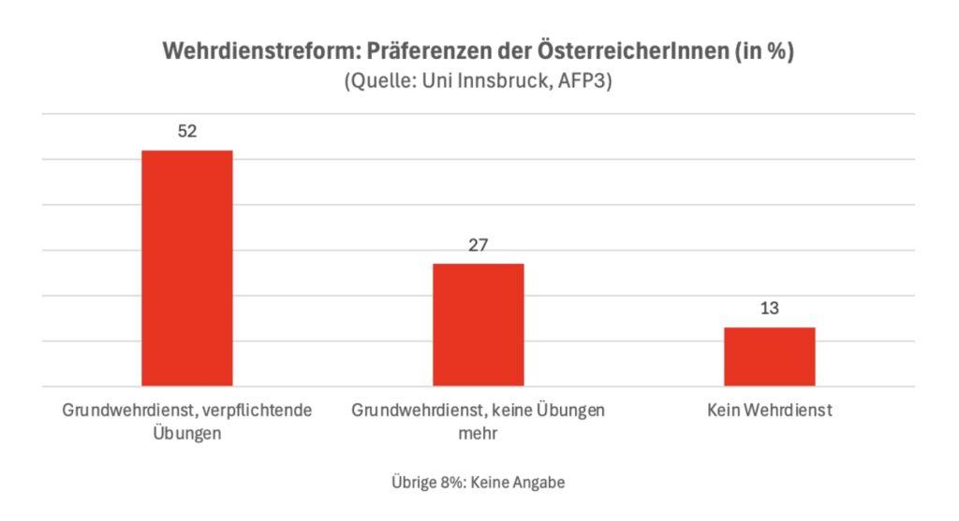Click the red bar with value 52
click(x=186, y=268)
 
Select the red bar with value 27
click(x=478, y=325)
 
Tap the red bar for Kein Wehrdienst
click(x=769, y=356)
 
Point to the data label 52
click(x=187, y=132)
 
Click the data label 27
click(x=478, y=245)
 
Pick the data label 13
click(x=770, y=309)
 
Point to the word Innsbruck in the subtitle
click(x=509, y=81)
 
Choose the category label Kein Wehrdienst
click(x=770, y=411)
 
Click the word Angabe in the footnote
click(x=542, y=483)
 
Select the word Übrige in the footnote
click(x=413, y=483)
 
